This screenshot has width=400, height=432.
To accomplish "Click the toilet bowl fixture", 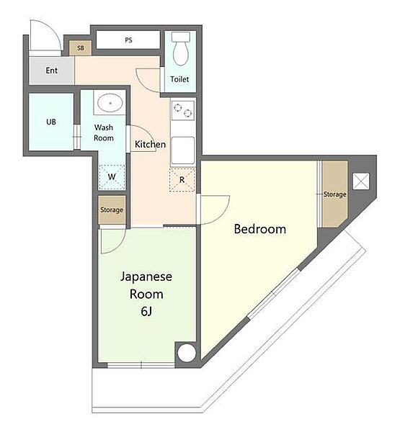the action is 181,49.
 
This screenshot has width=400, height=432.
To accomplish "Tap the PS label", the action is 128,40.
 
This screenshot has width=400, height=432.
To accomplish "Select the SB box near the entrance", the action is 80,48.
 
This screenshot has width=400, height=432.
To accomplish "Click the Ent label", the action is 52,71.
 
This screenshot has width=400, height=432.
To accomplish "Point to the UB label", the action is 51,122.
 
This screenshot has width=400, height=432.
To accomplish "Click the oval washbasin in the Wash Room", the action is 110,103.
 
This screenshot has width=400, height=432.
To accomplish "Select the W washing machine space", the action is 112,177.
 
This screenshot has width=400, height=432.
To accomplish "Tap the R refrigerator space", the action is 182,180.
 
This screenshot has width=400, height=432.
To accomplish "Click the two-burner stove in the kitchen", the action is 182,110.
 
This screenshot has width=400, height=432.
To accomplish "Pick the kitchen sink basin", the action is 183,150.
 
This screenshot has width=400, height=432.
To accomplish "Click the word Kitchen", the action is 150,144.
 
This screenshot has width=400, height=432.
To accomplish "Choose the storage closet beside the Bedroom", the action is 334,194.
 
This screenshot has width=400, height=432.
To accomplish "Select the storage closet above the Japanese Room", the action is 112,210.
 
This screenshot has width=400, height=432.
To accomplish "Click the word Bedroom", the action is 260,229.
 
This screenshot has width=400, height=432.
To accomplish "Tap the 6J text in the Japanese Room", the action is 146,312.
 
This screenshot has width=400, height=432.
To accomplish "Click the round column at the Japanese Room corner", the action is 187,353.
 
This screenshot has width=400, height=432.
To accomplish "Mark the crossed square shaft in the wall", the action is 361,181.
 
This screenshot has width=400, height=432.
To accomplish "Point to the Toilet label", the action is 179,79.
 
